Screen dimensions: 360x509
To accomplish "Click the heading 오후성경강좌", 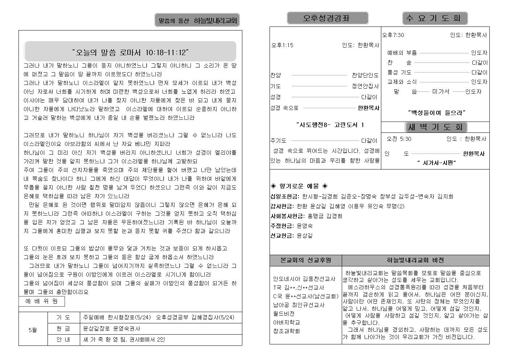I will point(327,18).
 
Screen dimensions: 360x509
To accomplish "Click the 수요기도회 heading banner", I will point(435,18).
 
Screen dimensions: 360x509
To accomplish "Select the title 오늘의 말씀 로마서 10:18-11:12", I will point(131,52).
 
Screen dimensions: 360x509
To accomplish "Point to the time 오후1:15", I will point(282,45).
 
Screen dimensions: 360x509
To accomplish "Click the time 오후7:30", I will point(393,35).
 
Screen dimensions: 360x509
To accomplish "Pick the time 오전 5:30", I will point(399,139).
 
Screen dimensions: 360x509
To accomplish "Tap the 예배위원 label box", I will point(42,301).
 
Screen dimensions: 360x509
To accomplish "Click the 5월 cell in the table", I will point(33,330).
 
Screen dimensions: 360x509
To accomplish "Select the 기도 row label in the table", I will point(63,318).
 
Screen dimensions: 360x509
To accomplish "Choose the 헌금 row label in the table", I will point(63,329).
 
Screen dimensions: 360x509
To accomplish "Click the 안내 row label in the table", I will point(63,340).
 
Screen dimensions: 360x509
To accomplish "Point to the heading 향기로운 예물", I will point(299,186).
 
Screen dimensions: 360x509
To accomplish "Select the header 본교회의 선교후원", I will point(305,260).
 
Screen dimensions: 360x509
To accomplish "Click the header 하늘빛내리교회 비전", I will point(415,260).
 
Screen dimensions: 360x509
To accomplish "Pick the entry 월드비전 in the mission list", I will point(284,314).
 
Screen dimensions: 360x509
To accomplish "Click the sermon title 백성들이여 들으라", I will point(436,113).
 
